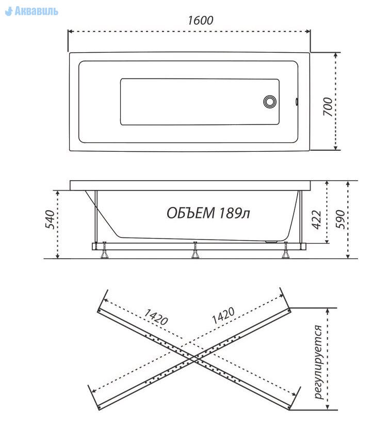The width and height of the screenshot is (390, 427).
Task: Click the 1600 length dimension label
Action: point(201,20)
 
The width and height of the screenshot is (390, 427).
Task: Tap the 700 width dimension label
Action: point(328,106)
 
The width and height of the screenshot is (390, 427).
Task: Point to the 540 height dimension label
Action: point(50,219)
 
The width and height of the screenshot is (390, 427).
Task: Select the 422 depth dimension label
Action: point(316,219)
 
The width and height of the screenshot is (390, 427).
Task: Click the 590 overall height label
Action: point(340,219)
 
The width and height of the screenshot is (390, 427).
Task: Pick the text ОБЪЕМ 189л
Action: point(208,213)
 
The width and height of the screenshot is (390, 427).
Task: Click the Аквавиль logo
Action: point(31,11)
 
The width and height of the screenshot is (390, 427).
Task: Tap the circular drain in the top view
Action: point(270,102)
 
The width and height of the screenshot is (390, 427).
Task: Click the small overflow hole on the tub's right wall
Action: point(297,102)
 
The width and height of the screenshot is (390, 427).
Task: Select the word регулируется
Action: point(318,362)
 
